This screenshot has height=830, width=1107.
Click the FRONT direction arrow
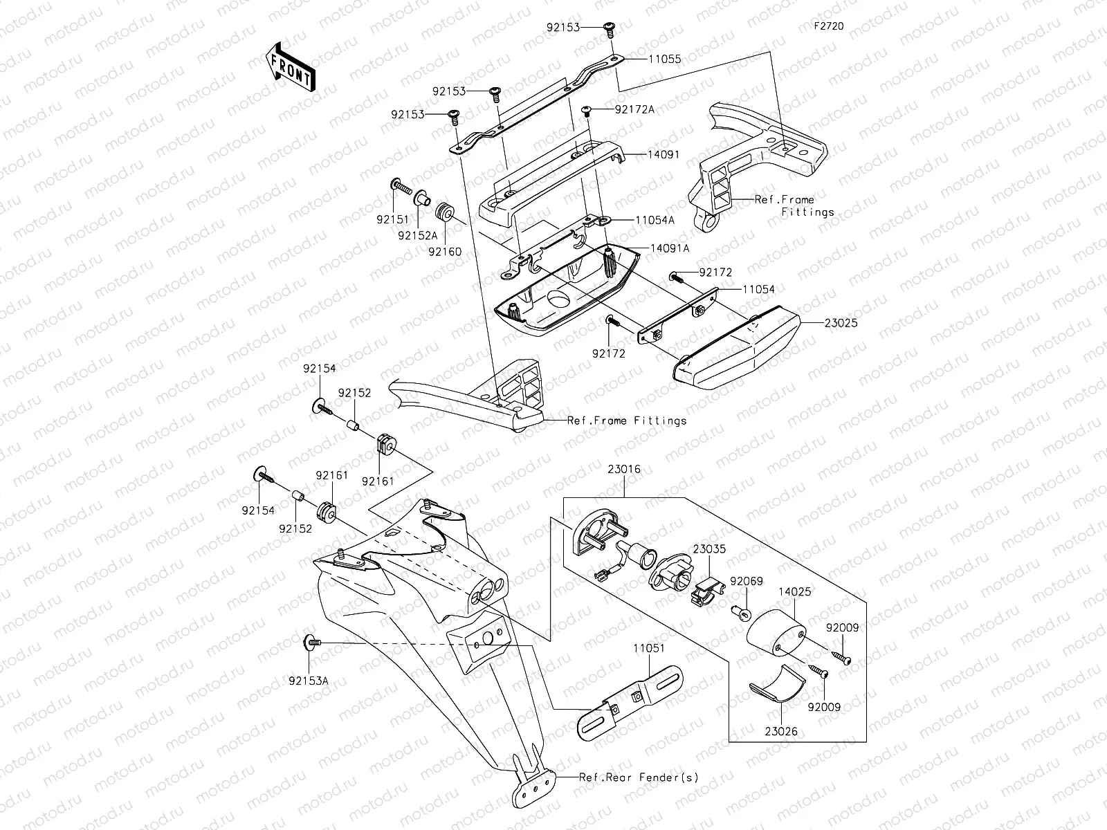click(x=289, y=66)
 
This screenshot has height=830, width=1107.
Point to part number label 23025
click(x=841, y=322)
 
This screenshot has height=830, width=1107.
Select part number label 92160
click(x=445, y=252)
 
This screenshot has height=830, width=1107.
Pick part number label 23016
click(x=624, y=469)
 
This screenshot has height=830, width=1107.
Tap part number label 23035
click(x=709, y=549)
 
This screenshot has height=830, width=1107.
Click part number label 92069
click(x=746, y=581)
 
